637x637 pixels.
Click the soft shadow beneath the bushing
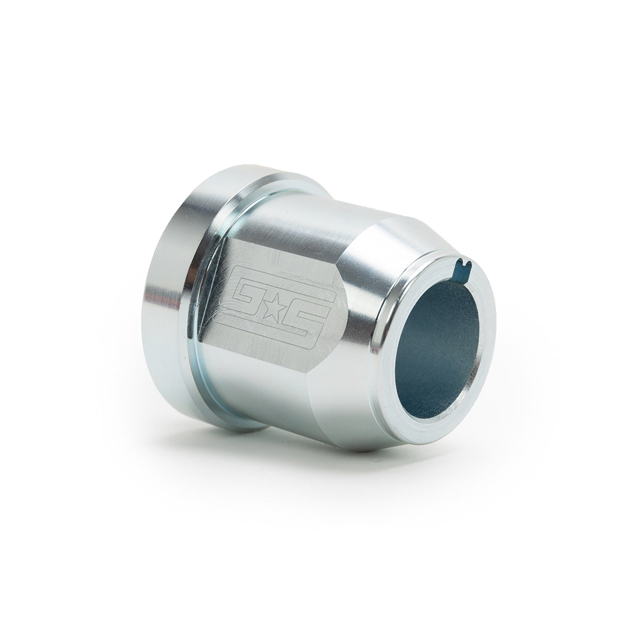coord(347,469)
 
